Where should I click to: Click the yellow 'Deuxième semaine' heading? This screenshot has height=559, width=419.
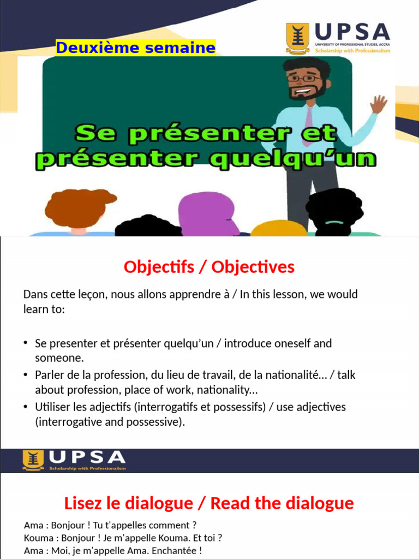(x=135, y=48)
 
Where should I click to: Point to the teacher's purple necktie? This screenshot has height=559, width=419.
(x=309, y=124)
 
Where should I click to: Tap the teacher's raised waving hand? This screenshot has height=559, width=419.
(x=378, y=104)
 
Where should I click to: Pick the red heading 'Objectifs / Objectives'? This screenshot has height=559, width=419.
(x=209, y=267)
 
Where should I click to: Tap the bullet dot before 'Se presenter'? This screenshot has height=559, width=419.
(x=26, y=343)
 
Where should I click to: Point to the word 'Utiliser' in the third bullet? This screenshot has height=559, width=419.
(x=52, y=407)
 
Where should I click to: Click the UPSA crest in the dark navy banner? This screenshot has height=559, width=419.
(x=33, y=460)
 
